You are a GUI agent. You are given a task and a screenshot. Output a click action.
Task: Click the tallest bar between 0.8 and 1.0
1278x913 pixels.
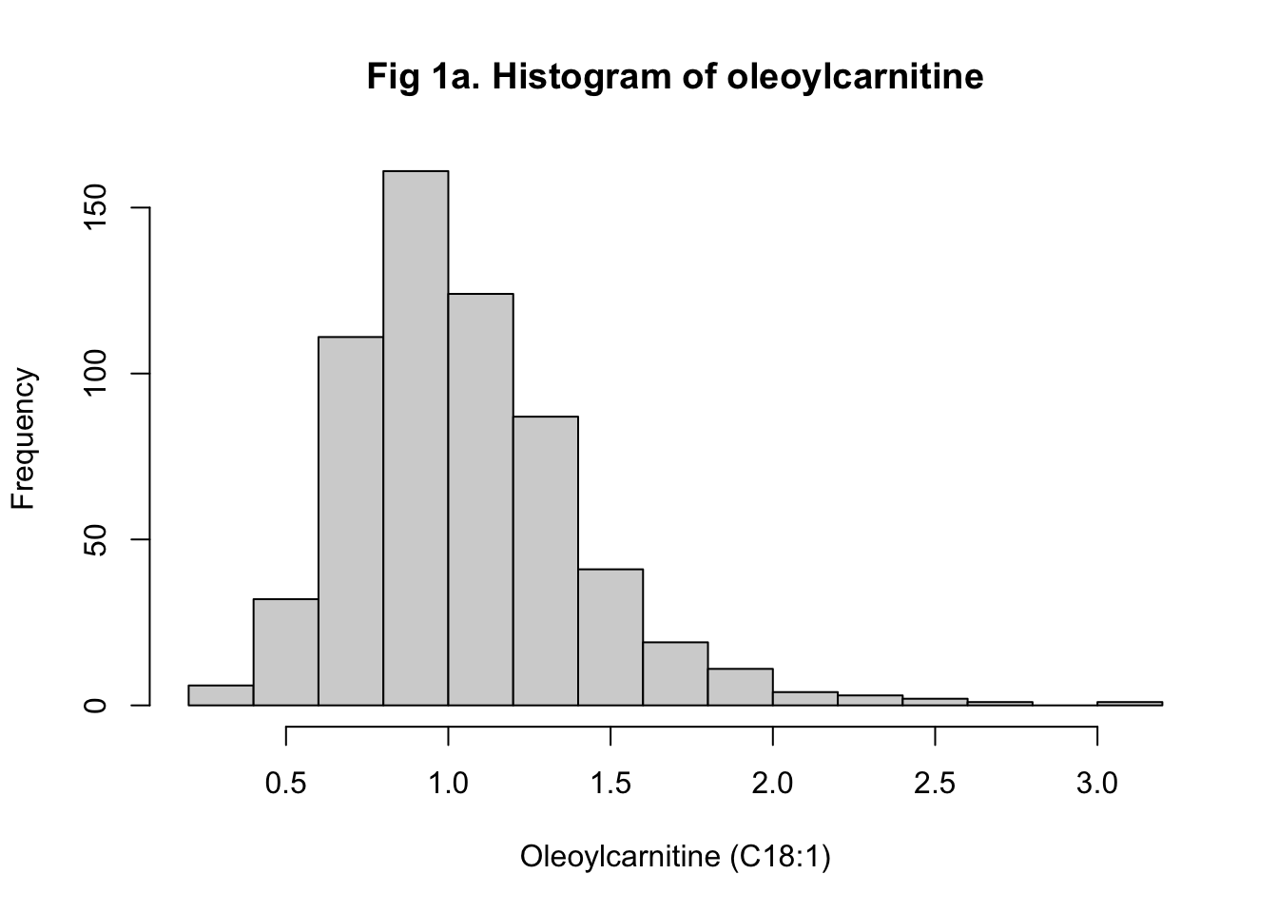pos(416,437)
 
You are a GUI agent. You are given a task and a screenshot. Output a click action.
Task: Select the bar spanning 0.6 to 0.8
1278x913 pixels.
pos(351,521)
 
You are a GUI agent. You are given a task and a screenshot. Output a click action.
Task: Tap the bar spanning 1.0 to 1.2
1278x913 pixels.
pos(481,499)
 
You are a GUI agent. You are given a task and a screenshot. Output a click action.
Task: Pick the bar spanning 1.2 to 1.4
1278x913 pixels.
pos(546,561)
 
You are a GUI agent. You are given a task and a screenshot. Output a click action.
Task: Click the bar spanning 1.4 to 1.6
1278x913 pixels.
pos(610,637)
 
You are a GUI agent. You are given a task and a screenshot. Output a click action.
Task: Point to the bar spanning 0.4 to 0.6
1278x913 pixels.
pos(285,652)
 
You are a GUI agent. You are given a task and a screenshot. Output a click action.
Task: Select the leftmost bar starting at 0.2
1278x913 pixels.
pos(221,695)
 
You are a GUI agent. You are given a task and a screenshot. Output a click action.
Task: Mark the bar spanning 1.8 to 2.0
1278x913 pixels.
pos(741,687)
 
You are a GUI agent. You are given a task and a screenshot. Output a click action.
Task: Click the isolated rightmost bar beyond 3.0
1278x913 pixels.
pos(1130,704)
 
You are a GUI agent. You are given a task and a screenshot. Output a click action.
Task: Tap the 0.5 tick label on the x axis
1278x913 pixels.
pos(286,784)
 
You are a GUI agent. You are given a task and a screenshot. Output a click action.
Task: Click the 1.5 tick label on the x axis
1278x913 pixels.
pos(610,784)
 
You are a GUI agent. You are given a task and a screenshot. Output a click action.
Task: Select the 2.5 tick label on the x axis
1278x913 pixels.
pos(935,784)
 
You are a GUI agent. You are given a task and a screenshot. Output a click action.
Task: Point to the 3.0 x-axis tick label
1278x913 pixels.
pos(1097,784)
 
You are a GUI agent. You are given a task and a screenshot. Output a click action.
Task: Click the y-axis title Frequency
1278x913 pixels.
pos(23,439)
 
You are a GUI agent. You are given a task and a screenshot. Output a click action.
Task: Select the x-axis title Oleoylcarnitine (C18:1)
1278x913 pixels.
pos(675,857)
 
